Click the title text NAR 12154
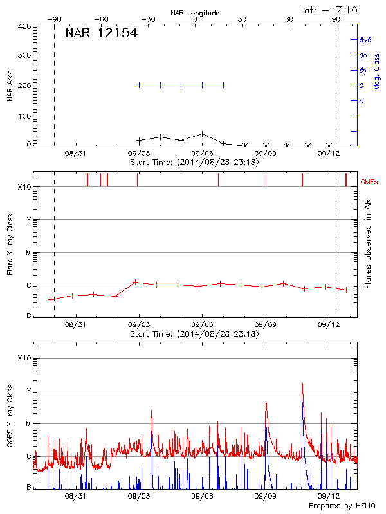pyautogui.click(x=101, y=33)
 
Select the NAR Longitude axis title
pyautogui.click(x=195, y=13)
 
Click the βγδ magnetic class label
pyautogui.click(x=365, y=40)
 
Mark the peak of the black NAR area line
pyautogui.click(x=203, y=134)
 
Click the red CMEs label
pyautogui.click(x=370, y=183)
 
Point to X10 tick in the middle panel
pyautogui.click(x=24, y=188)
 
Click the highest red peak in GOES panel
pyautogui.click(x=302, y=384)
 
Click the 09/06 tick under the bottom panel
pyautogui.click(x=203, y=496)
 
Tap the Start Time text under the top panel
pyautogui.click(x=194, y=163)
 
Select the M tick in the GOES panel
pyautogui.click(x=28, y=423)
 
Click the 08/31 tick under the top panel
pyautogui.click(x=75, y=154)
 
